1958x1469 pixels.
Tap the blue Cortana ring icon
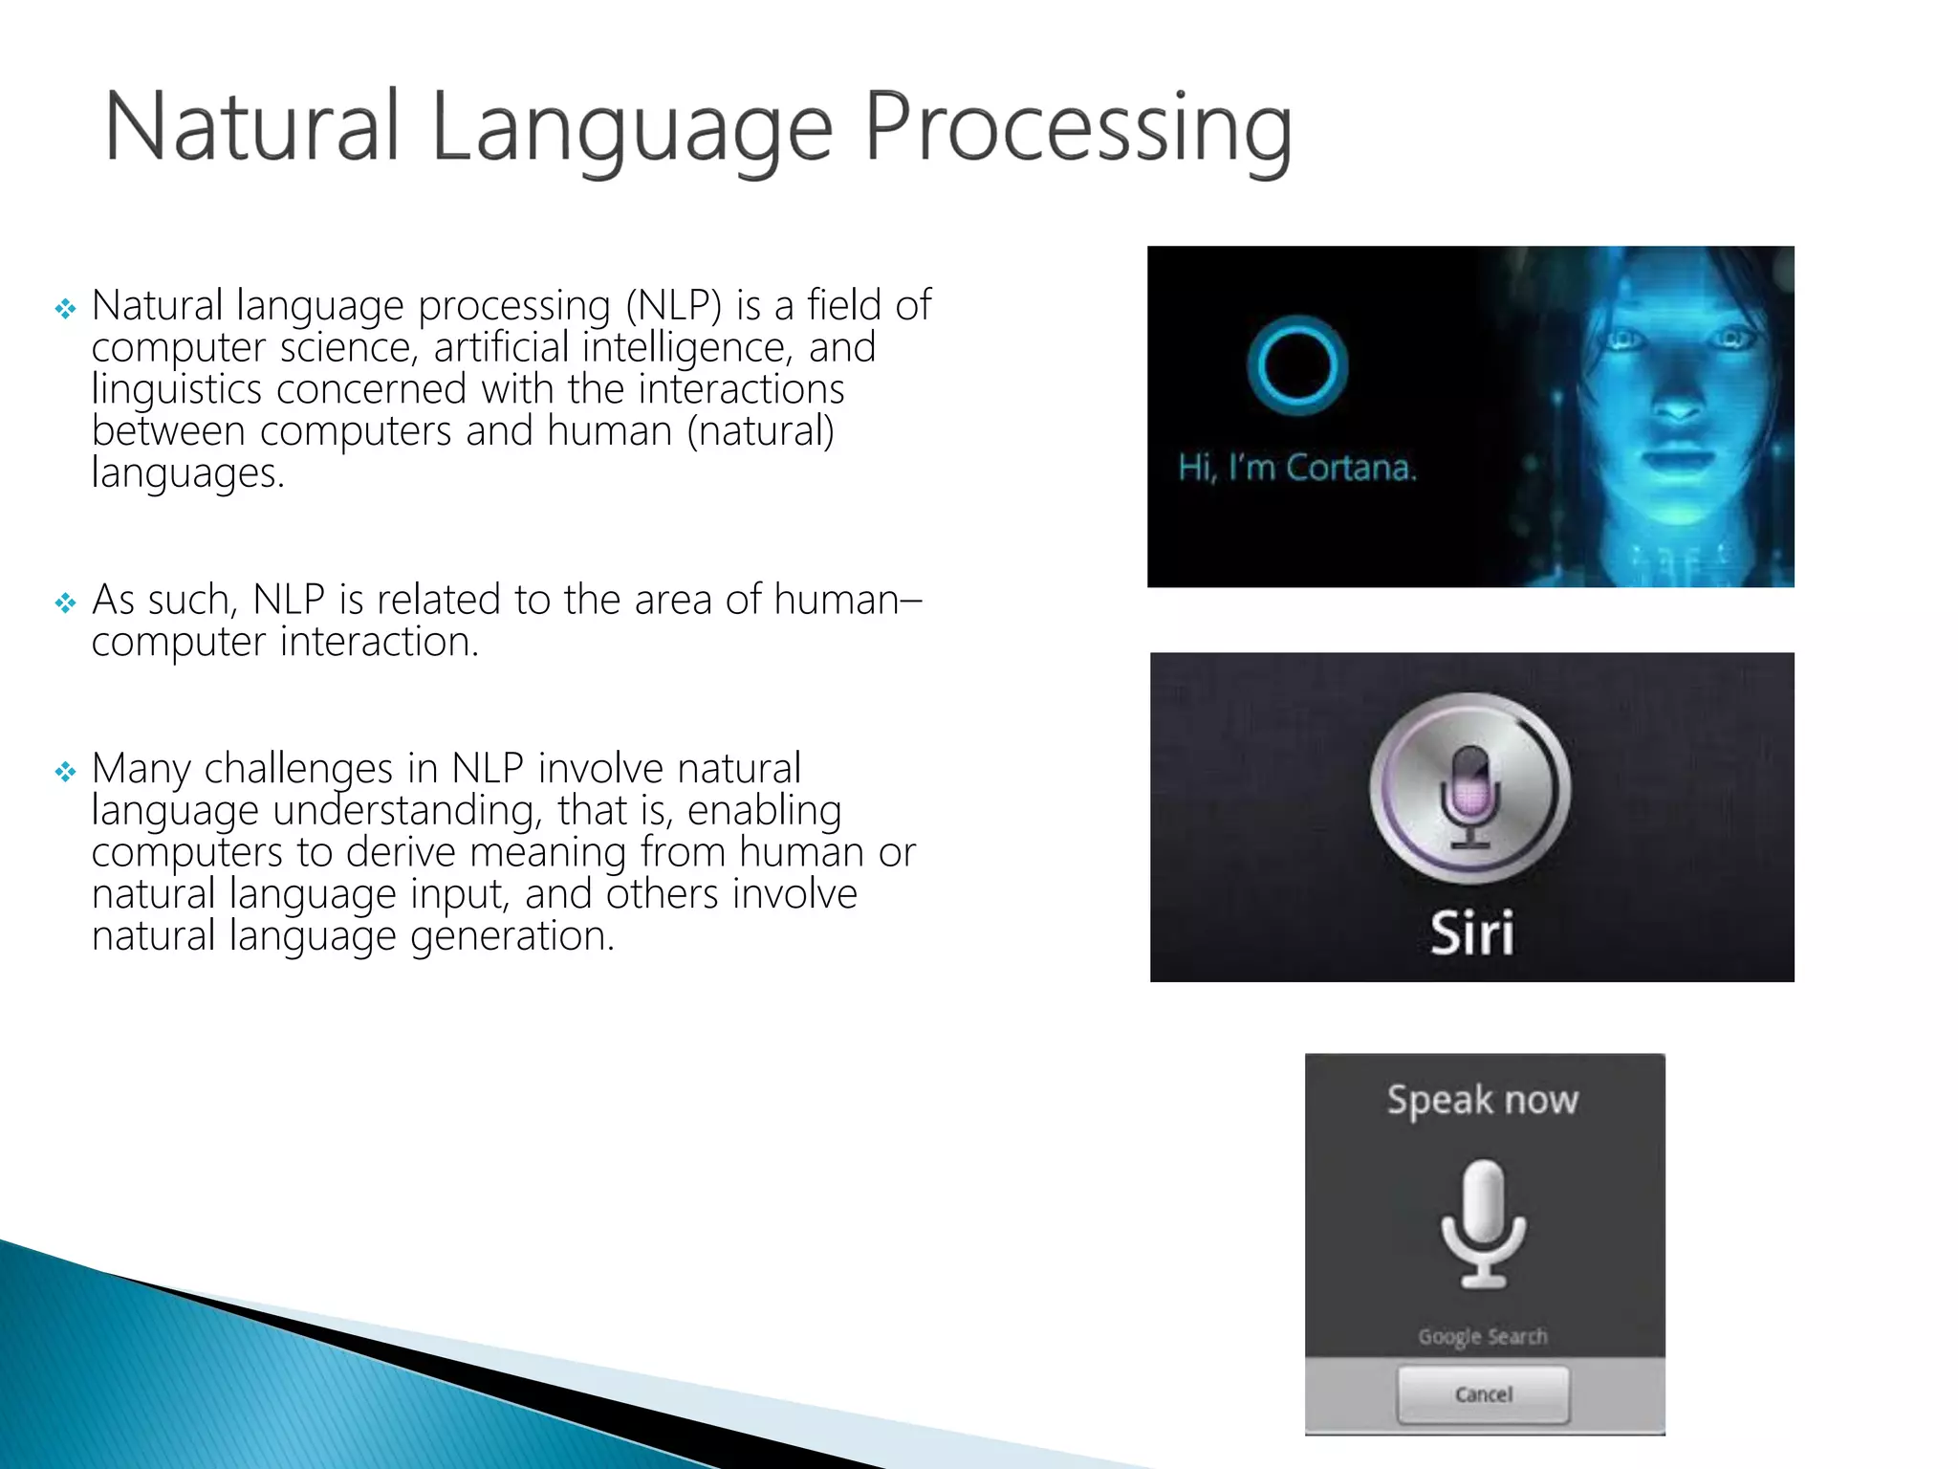(1297, 367)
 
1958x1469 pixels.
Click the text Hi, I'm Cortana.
(1296, 468)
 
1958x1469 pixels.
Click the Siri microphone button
(1470, 789)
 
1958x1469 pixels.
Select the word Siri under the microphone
(1472, 932)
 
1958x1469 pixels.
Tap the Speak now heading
(1483, 1100)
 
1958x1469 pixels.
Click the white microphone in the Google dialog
(1484, 1223)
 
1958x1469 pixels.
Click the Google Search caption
(1483, 1336)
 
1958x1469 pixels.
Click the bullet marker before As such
(65, 603)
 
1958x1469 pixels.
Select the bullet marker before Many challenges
(65, 771)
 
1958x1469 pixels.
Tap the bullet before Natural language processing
(65, 308)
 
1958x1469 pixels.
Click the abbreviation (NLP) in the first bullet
(673, 306)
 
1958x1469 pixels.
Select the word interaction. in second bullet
(380, 642)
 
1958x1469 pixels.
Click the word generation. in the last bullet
(512, 936)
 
